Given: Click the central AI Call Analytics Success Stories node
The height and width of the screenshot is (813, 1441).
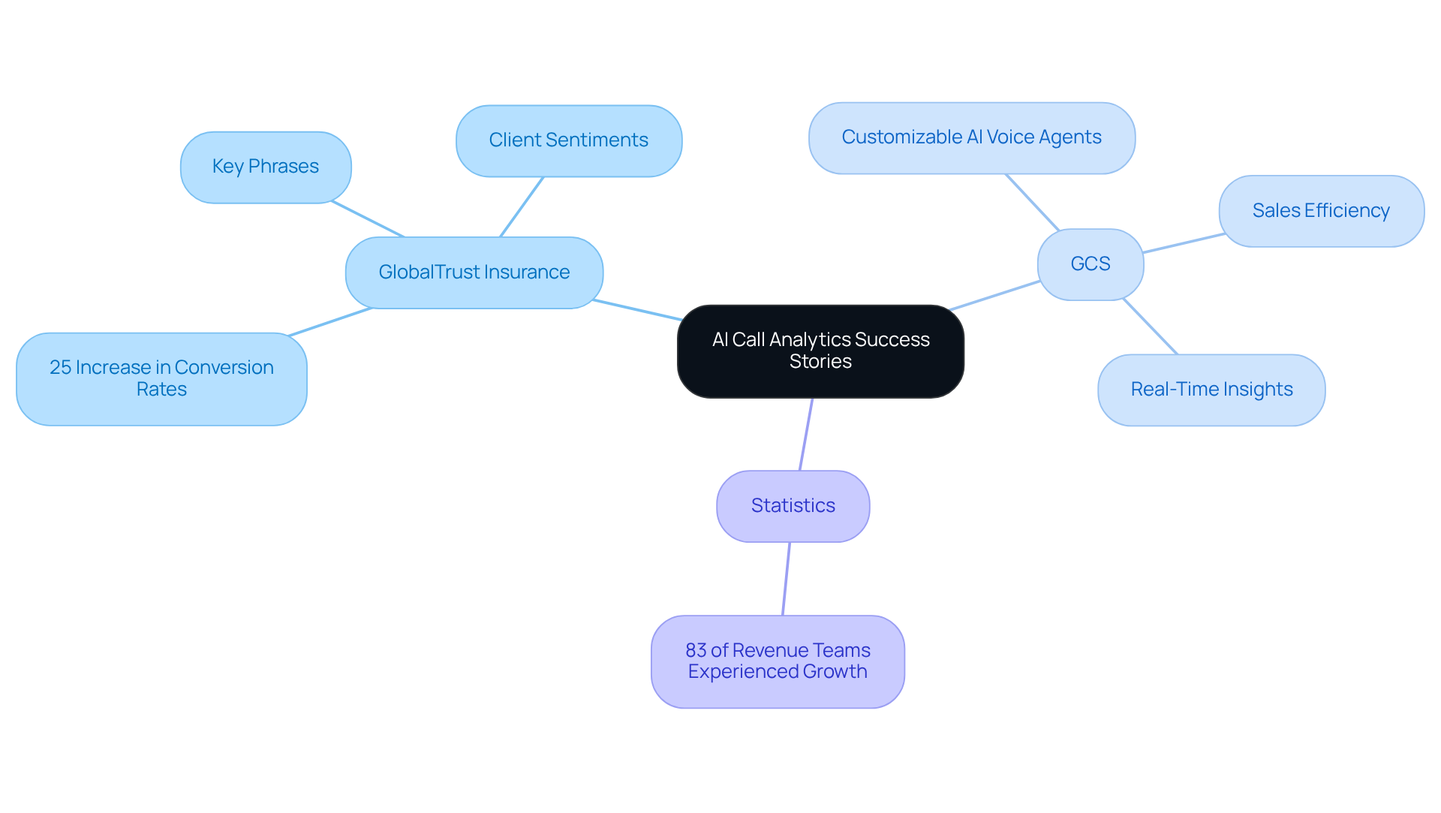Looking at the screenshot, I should tap(820, 351).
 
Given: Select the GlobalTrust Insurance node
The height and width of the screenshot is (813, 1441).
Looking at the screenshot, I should tap(474, 273).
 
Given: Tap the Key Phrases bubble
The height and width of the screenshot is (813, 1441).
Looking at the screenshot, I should tap(266, 167).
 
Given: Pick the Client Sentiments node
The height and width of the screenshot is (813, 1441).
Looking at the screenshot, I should tap(568, 140).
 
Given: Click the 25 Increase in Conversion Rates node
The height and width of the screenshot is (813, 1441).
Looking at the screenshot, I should tap(161, 378).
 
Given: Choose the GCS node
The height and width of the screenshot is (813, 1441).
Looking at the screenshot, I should tap(1090, 264).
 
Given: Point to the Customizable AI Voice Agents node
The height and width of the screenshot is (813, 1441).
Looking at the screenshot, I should tap(971, 137).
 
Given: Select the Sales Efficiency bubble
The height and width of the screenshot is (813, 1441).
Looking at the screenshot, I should tap(1321, 211).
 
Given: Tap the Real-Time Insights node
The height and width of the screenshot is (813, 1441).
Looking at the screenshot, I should tap(1211, 390).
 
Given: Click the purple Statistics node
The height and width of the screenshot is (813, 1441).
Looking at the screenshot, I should tap(793, 506).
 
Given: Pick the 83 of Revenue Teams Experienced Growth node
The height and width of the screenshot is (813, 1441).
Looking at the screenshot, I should tap(778, 661).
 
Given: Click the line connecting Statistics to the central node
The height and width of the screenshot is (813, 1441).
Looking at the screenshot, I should tap(806, 434).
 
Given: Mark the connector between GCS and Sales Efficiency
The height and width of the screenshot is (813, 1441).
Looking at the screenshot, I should tap(1184, 243).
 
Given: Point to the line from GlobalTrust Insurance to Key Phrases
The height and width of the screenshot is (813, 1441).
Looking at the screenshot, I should tap(368, 219).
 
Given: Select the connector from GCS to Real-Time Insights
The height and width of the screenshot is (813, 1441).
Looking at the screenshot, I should tap(1150, 327).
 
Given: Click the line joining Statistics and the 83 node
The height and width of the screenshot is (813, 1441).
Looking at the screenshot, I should tap(786, 579).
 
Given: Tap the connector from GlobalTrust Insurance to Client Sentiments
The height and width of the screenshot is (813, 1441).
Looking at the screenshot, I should tap(522, 207).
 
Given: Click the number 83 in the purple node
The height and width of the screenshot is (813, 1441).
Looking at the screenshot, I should tap(696, 651).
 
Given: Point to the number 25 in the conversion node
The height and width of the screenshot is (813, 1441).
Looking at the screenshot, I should tap(60, 368).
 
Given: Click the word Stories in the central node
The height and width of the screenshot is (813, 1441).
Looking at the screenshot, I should tap(820, 362).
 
